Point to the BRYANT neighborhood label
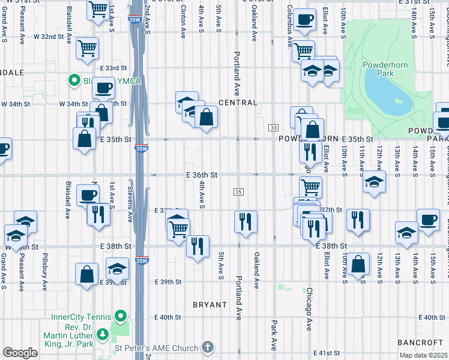[x=209, y=305]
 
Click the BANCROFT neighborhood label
[x=420, y=342]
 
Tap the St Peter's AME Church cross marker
[x=207, y=347]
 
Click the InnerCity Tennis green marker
[x=121, y=315]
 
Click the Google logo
[x=20, y=353]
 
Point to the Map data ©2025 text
[x=423, y=356]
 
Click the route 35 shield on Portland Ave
[x=238, y=191]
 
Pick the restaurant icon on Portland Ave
[x=246, y=220]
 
